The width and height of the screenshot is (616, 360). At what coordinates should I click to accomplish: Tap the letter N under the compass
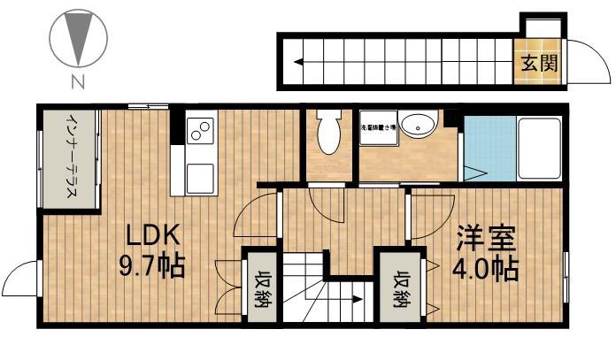(x=78, y=84)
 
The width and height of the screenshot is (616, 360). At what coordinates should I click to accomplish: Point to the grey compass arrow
(x=79, y=41)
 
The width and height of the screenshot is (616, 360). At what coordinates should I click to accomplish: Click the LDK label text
(x=153, y=236)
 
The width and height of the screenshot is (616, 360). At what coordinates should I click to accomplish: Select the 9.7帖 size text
(x=153, y=265)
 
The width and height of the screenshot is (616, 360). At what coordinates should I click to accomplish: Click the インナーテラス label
(x=68, y=159)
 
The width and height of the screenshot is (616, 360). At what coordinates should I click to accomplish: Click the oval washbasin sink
(x=415, y=126)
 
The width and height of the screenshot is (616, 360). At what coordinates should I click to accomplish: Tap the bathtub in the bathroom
(x=538, y=148)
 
